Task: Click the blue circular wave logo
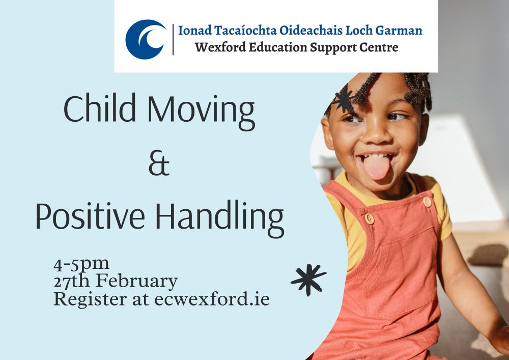(146, 39)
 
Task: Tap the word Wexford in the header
(220, 47)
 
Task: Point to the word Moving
(201, 112)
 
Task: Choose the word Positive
(90, 216)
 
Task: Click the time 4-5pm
(81, 264)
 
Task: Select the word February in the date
(137, 281)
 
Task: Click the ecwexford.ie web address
(212, 299)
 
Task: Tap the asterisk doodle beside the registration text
(308, 280)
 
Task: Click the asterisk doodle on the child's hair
(343, 100)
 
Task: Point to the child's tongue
(376, 167)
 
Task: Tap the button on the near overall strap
(370, 218)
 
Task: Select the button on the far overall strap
(427, 202)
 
